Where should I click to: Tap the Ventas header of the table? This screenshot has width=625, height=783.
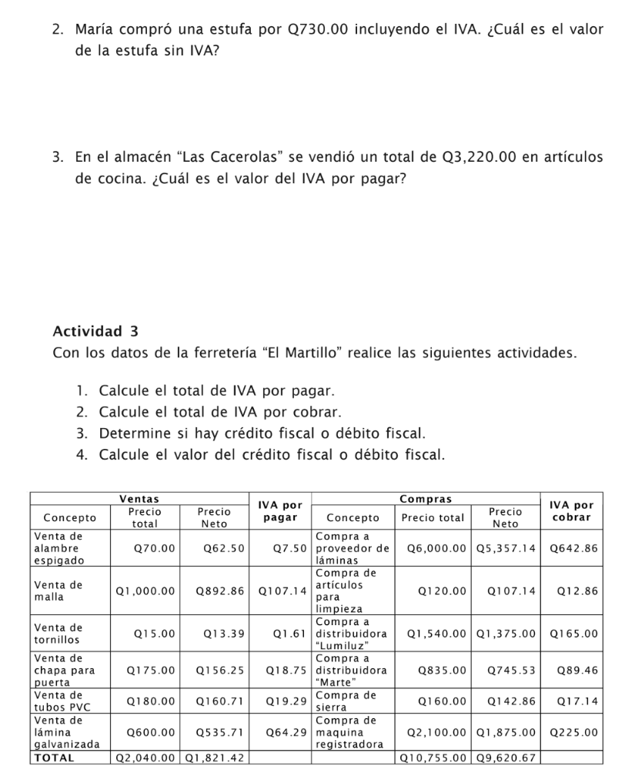point(139,500)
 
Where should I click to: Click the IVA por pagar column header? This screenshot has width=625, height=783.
point(280,511)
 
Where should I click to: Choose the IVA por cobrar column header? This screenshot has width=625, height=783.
point(573,511)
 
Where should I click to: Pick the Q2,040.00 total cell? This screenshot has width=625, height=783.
point(145,758)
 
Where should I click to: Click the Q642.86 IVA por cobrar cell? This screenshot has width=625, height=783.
point(573,548)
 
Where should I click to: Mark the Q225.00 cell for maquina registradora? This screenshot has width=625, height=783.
point(573,732)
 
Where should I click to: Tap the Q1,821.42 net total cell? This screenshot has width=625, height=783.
point(215,758)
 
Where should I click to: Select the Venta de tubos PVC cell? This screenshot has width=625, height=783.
point(58,701)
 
